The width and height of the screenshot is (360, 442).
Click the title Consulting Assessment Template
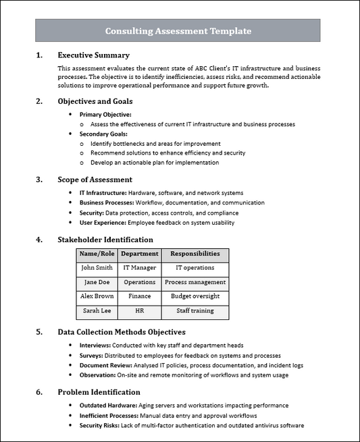pos(178,31)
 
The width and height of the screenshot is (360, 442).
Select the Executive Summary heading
pos(93,55)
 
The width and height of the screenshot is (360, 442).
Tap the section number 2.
pos(39,101)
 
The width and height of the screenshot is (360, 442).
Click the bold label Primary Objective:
pos(105,115)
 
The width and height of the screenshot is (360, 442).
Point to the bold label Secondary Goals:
pos(103,134)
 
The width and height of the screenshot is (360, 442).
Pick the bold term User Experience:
pos(102,222)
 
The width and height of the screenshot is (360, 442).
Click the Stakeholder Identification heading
pos(105,240)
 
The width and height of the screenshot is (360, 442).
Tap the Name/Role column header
pos(97,254)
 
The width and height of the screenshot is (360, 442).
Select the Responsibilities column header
pos(195,254)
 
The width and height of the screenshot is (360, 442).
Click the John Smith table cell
pos(97,268)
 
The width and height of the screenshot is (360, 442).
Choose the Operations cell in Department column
pos(140,282)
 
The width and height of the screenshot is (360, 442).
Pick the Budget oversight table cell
pos(195,296)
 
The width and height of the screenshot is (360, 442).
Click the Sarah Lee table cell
pos(97,311)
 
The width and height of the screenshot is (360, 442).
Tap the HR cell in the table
pos(140,311)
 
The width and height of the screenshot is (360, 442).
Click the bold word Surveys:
pos(91,355)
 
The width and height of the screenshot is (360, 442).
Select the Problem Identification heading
pos(99,392)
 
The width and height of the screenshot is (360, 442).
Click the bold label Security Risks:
pos(101,426)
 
